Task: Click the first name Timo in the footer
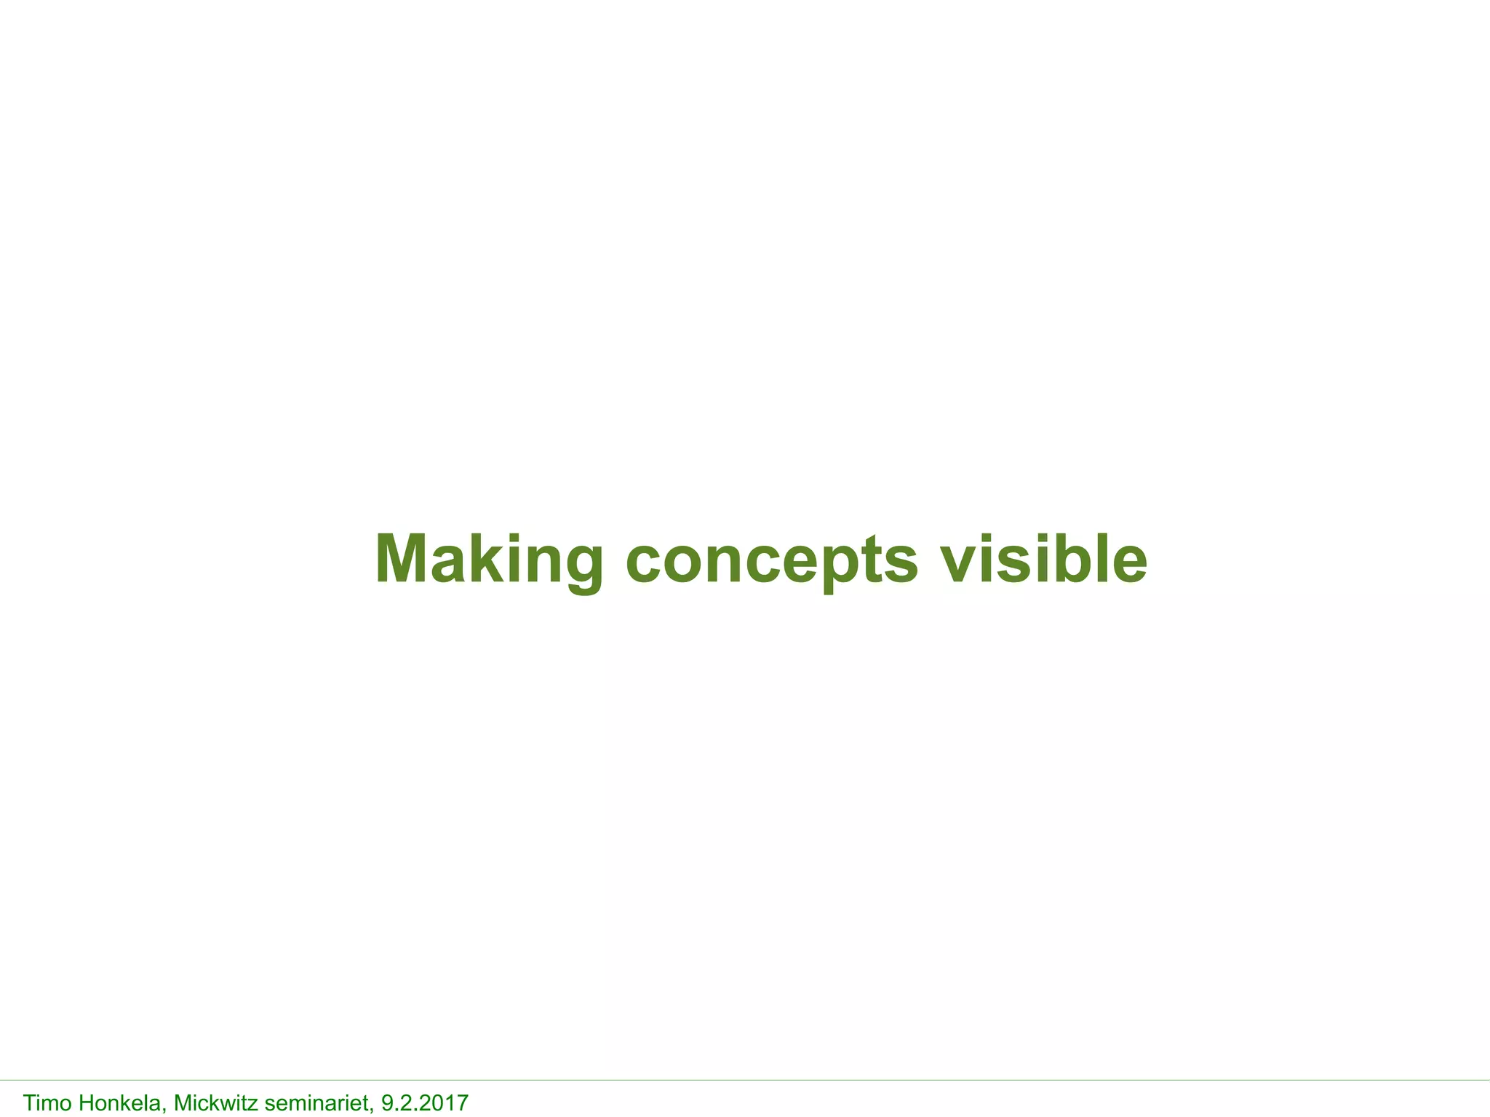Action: [x=48, y=1103]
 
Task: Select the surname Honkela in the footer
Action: [x=121, y=1103]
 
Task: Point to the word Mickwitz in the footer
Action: [x=215, y=1103]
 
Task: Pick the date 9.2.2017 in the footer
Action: [x=425, y=1103]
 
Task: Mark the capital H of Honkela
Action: [x=86, y=1103]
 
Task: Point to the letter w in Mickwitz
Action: [x=227, y=1105]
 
